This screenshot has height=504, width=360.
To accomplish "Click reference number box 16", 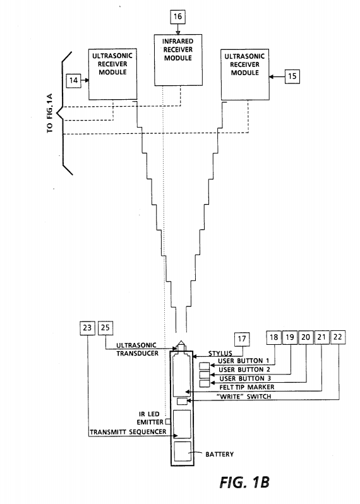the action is click(x=177, y=16).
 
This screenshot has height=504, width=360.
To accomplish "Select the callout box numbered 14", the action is click(x=74, y=80).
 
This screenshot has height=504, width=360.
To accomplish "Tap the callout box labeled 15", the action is click(x=292, y=76).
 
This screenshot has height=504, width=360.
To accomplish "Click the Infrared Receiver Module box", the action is click(x=178, y=60).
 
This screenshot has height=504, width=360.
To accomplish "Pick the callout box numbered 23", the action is click(x=87, y=328).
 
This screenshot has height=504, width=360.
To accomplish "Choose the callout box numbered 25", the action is click(x=105, y=328).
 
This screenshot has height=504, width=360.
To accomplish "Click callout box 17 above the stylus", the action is click(x=242, y=339).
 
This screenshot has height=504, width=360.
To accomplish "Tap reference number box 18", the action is click(x=273, y=337).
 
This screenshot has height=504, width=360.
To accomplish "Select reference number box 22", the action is click(x=338, y=337).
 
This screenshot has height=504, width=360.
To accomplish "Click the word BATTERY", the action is click(x=220, y=454).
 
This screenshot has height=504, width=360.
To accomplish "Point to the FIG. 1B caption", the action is click(x=244, y=483).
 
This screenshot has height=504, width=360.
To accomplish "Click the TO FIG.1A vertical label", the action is click(x=50, y=114).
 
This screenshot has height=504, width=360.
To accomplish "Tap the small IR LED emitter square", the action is click(x=168, y=421).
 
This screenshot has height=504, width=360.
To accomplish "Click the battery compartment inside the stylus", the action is click(x=183, y=452).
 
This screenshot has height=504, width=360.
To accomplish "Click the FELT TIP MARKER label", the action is click(x=247, y=387).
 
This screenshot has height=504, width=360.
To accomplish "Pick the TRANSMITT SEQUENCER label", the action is click(x=128, y=431).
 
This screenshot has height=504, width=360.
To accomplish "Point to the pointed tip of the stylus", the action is click(x=181, y=341).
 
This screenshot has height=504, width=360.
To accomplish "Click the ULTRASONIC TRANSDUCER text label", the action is click(x=137, y=349).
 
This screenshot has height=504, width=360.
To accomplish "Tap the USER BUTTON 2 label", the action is click(x=244, y=369).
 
